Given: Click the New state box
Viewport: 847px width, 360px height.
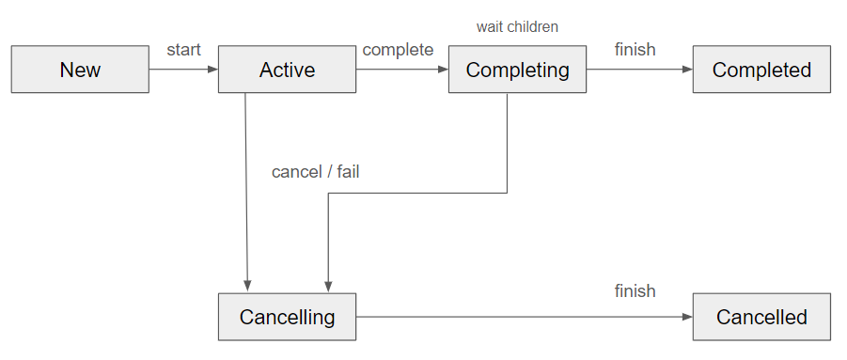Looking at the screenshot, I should point(80,70).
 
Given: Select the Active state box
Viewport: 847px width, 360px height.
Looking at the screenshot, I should point(287,70).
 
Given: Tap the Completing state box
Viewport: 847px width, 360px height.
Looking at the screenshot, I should point(517,70).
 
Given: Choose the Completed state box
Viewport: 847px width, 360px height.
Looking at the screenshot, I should point(761,70).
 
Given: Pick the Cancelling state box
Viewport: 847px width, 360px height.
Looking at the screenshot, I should point(287,317).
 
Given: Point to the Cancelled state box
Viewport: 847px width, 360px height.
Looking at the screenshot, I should point(761,317).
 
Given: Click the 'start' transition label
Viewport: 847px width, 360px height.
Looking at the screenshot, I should point(183,50).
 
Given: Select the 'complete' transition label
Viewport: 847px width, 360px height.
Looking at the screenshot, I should point(398,50).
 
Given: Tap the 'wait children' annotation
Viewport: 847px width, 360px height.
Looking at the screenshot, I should point(517,26).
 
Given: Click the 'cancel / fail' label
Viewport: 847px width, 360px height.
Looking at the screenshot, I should point(315,172).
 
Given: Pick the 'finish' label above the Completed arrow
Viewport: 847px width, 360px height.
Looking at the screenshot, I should point(635,50).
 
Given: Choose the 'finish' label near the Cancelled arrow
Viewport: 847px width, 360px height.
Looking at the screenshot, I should point(635,291).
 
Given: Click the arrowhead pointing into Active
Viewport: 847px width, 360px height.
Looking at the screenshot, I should point(212,70).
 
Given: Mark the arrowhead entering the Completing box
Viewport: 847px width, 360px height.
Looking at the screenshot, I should point(443,70).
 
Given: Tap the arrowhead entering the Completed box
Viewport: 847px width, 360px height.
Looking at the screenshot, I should point(687,70).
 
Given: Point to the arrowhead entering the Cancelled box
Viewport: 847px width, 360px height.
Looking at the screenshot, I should point(687,317).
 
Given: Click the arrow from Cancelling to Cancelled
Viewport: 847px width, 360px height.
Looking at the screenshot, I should point(517,317).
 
